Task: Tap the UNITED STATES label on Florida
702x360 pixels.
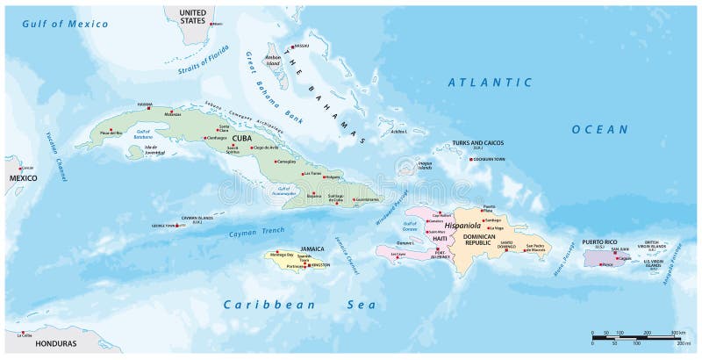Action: tap(197, 12)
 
